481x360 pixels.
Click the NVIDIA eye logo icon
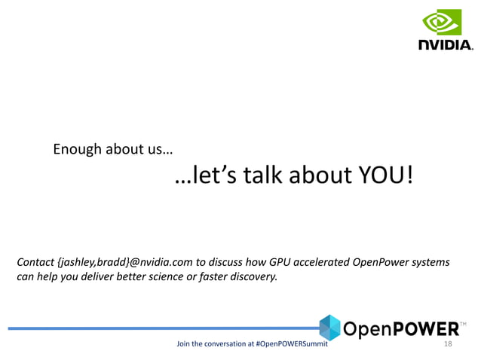pyautogui.click(x=441, y=23)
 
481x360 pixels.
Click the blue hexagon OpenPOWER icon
pyautogui.click(x=330, y=327)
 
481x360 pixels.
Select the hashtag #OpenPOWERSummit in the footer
pyautogui.click(x=292, y=344)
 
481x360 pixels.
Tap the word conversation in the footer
pyautogui.click(x=223, y=344)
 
